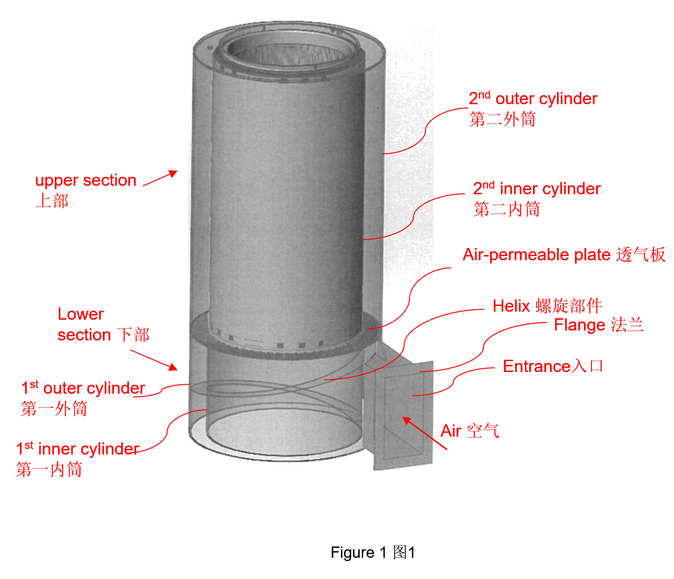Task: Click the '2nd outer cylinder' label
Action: coord(533,99)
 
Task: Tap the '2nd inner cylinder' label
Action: coord(536,189)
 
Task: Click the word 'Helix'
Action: coord(511,306)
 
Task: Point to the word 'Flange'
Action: coord(579,325)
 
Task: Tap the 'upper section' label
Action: coord(85,181)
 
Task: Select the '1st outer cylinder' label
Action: coord(83,389)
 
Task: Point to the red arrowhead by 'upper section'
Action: coord(174,174)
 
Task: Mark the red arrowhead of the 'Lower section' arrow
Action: coord(173,367)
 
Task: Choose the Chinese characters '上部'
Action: coord(52,201)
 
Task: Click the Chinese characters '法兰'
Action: coord(627,325)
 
